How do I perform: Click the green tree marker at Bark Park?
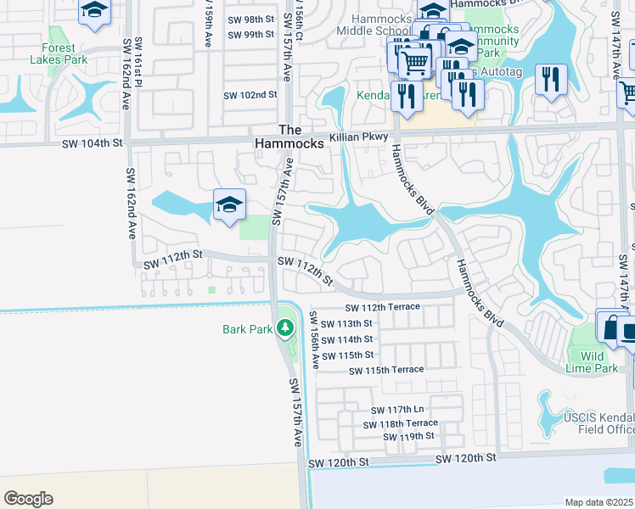pos(285,328)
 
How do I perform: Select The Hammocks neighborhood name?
pos(290,137)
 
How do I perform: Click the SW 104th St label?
pos(93,145)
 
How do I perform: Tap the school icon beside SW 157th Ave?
pos(229,205)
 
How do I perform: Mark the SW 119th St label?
pos(408,436)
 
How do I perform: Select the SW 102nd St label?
pos(250,96)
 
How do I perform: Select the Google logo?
pos(28,499)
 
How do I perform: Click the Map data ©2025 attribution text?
pos(598,502)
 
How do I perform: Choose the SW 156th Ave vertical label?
pos(313,339)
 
